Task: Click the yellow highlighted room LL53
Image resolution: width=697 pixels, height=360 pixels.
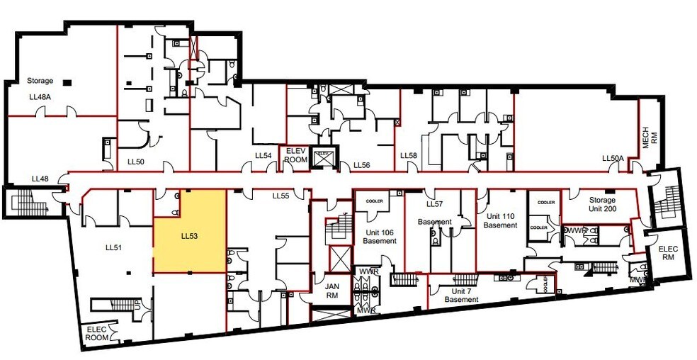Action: pyautogui.click(x=190, y=241)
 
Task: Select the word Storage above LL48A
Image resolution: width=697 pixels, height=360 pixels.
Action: pyautogui.click(x=40, y=81)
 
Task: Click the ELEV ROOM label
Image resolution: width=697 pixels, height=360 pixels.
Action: pyautogui.click(x=295, y=156)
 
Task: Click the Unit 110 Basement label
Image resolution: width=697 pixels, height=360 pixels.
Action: pyautogui.click(x=501, y=220)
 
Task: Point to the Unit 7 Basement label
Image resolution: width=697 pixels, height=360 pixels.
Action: pyautogui.click(x=461, y=295)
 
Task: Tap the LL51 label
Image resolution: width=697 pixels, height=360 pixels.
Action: pyautogui.click(x=114, y=247)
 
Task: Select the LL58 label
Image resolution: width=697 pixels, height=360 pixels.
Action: pyautogui.click(x=409, y=156)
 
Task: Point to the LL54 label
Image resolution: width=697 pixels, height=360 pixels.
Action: pyautogui.click(x=263, y=156)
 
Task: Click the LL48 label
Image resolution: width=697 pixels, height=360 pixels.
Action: pyautogui.click(x=40, y=179)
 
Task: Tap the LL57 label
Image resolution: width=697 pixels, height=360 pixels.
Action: pyautogui.click(x=434, y=204)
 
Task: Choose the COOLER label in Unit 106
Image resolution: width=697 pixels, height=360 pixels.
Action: pyautogui.click(x=375, y=200)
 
